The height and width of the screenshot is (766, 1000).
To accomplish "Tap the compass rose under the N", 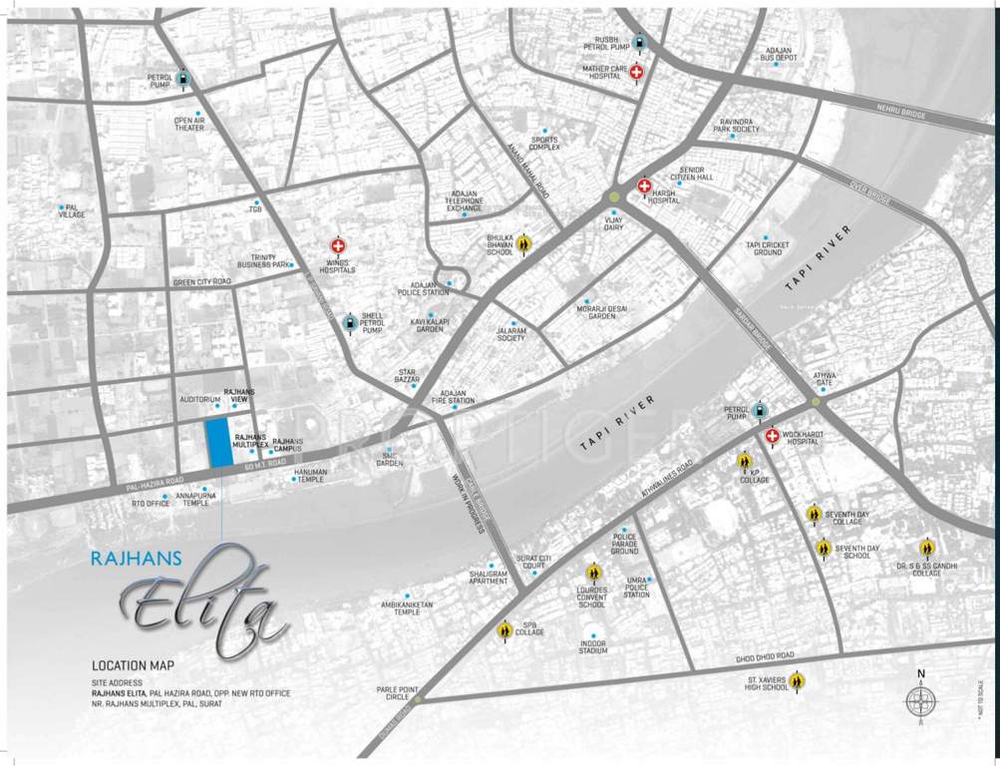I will pos(920,701).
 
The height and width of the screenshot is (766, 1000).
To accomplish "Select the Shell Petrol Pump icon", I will pos(349,322).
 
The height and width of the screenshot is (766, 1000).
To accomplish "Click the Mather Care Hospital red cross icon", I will pos(637,73).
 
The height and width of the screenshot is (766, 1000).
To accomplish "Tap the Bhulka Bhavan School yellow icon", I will pos(525,243).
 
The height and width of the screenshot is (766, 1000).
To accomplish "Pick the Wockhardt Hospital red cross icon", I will pos(772,436).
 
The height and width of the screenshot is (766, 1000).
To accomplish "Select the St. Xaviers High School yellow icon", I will pos(797,681).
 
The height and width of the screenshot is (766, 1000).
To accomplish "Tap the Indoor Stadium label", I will pos(592,648).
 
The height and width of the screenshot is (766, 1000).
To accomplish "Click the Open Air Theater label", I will pos(189,124).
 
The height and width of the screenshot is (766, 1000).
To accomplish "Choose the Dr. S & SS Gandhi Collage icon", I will pos(927,548).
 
